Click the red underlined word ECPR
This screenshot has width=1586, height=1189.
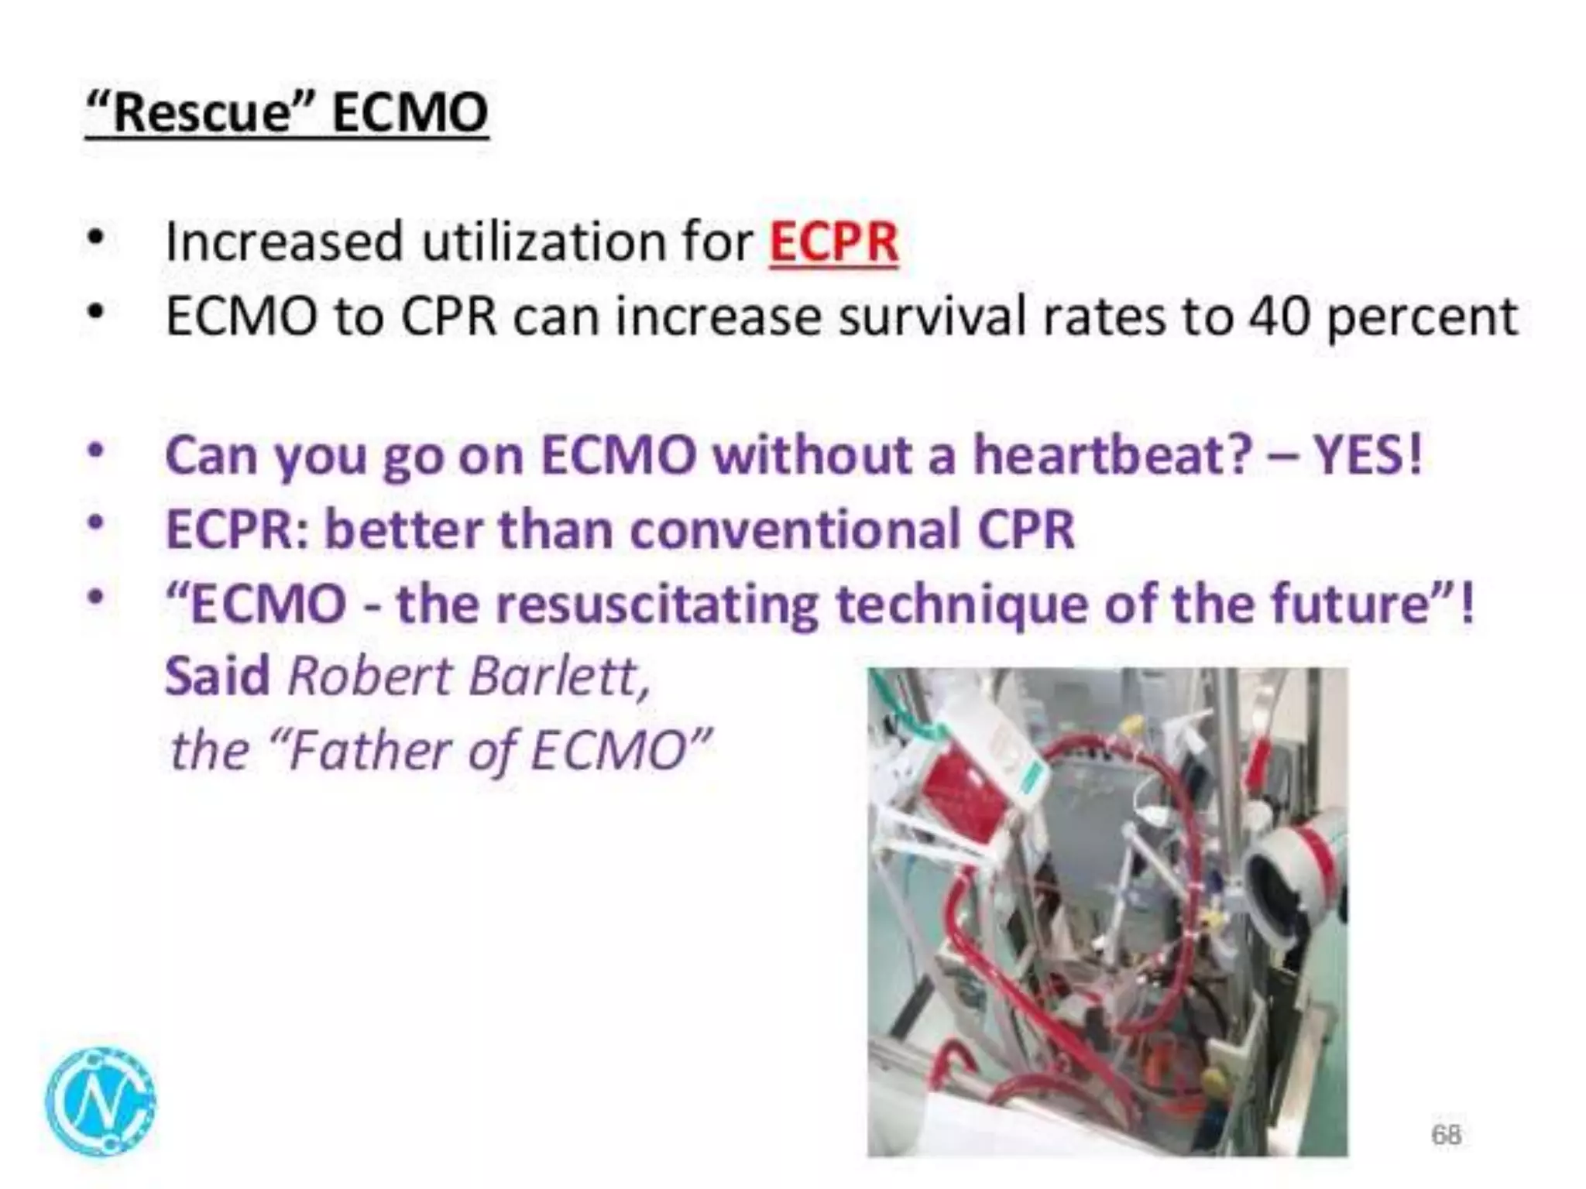(833, 242)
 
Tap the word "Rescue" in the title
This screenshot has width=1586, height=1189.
(201, 113)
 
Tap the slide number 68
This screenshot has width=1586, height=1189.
(1446, 1134)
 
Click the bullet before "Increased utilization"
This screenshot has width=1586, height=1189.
(95, 238)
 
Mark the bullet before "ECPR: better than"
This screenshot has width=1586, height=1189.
(95, 524)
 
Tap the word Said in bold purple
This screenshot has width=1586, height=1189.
(217, 677)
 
